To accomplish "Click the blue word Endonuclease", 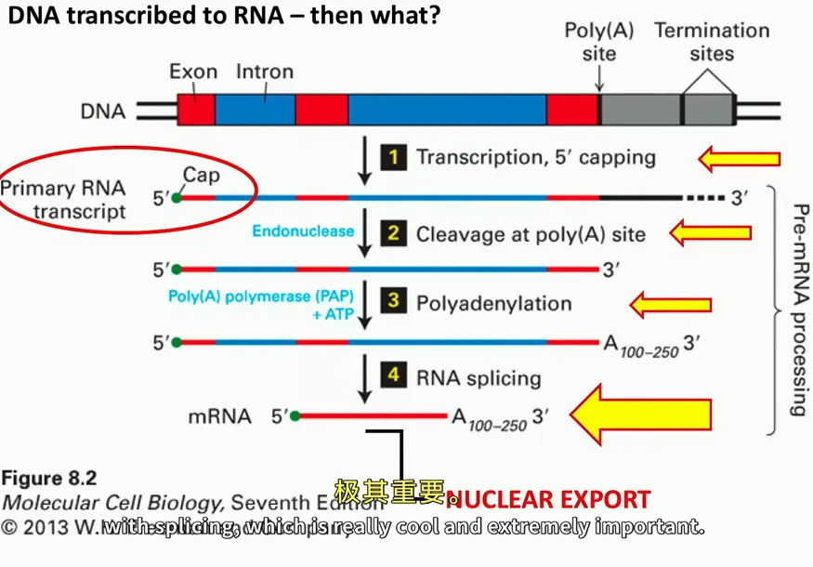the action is [303, 231].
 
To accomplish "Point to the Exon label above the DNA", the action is [193, 72].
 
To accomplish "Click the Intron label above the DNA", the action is [265, 72].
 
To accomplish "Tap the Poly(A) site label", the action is [599, 42].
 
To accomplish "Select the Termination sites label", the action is [712, 42].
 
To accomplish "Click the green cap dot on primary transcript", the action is [177, 197].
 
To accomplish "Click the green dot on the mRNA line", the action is [295, 416].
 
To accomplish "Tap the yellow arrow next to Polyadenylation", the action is [671, 304].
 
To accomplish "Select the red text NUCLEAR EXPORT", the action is [547, 499].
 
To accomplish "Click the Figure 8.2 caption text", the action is [48, 480].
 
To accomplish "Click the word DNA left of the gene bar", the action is [103, 112].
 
